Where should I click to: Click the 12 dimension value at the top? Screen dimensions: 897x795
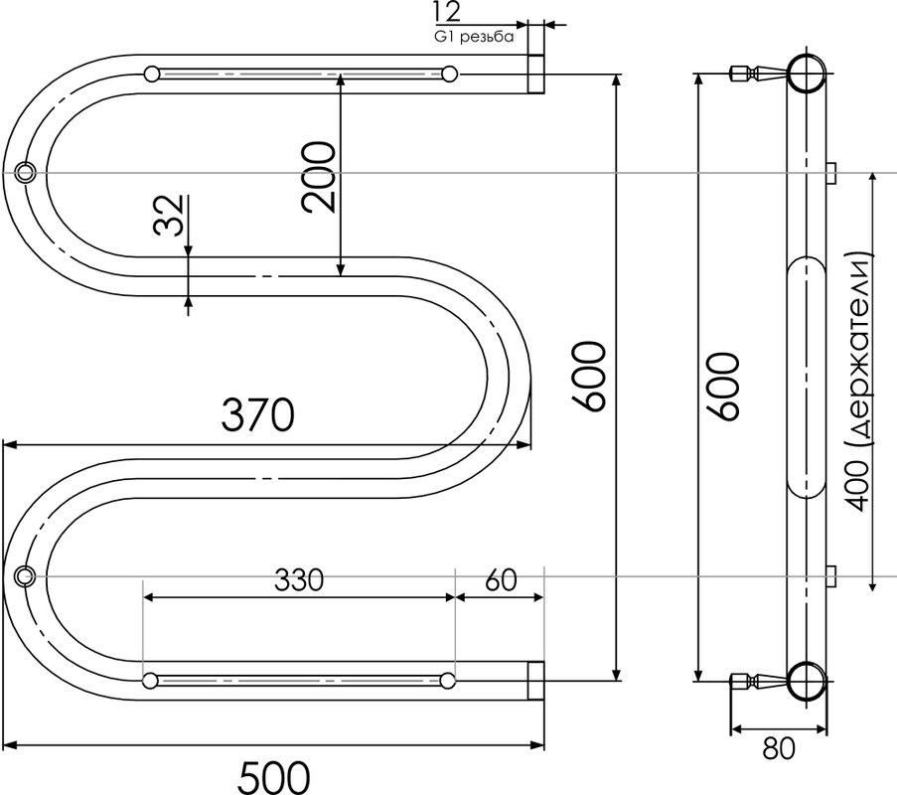(x=447, y=12)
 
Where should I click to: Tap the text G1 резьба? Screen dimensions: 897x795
(x=474, y=37)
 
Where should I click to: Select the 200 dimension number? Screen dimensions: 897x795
(x=319, y=178)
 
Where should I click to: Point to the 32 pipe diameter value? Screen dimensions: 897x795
(x=169, y=215)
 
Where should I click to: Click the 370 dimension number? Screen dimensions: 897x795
(x=258, y=415)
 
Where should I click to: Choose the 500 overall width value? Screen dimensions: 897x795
(x=274, y=777)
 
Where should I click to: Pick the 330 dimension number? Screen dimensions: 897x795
(x=299, y=579)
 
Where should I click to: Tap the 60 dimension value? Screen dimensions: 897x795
(x=501, y=579)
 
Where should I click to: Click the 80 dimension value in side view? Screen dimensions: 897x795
(x=779, y=747)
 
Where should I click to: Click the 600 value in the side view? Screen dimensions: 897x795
(x=724, y=387)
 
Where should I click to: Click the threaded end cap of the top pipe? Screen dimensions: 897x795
(x=535, y=74)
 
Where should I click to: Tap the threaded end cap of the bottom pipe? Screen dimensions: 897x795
(x=535, y=681)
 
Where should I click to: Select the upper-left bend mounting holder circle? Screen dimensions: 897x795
(x=25, y=172)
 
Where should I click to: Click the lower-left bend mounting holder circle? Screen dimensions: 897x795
(x=25, y=574)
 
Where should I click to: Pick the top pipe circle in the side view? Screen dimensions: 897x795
(x=808, y=74)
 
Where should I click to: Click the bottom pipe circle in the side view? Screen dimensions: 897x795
(x=808, y=681)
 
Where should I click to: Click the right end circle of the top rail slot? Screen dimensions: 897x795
(x=450, y=74)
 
